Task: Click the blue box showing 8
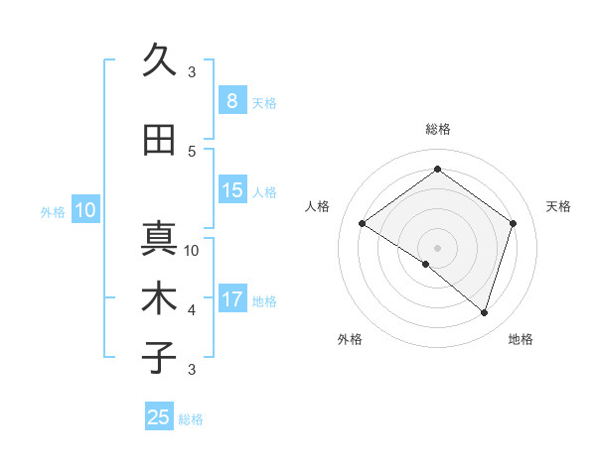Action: tap(231, 101)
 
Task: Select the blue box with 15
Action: tap(232, 191)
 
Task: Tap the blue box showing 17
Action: tap(232, 300)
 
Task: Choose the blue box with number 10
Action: tap(84, 210)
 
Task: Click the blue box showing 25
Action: tap(159, 417)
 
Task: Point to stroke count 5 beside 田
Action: tap(192, 151)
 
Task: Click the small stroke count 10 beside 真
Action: tap(193, 250)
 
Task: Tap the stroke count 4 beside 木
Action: tap(192, 310)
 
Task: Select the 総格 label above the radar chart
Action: tap(437, 129)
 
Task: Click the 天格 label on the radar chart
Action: tap(558, 206)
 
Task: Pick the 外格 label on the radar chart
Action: tap(350, 339)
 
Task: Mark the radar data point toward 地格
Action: tap(484, 312)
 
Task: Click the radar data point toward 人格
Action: tap(363, 224)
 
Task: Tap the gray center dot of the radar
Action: tap(437, 247)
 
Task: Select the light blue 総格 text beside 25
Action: tap(191, 419)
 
